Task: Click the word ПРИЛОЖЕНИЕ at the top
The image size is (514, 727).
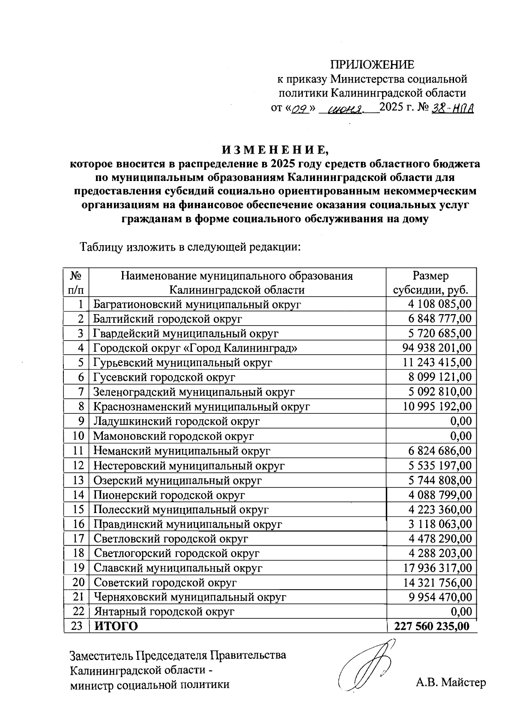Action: tap(372, 65)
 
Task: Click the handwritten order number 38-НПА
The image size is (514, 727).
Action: tap(453, 109)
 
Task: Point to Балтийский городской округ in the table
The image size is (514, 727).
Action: tap(167, 319)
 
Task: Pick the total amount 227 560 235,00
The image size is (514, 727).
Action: tap(432, 626)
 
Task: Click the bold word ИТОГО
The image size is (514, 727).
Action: tap(116, 626)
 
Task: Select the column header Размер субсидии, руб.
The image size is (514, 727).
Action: tap(431, 283)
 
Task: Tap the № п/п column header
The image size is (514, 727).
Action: tap(76, 283)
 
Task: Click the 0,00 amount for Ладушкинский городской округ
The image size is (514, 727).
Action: tap(461, 421)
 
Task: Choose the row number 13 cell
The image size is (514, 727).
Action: tap(78, 480)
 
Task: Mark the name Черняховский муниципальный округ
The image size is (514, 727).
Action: tap(190, 597)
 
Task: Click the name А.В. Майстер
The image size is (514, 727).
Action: tap(451, 682)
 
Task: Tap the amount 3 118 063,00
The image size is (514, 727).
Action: tap(440, 524)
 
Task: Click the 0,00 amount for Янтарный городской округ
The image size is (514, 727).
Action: tap(461, 611)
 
